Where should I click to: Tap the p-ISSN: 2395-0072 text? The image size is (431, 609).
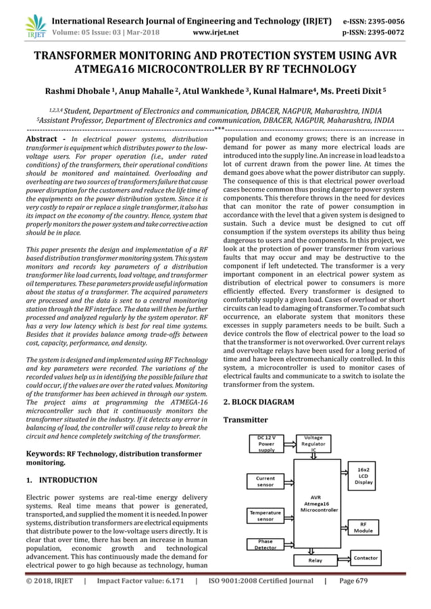tap(384, 31)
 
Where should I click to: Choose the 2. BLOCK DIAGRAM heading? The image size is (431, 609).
tap(258, 402)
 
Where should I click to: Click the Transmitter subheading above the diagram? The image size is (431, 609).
tap(245, 420)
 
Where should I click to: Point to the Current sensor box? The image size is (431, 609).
tap(265, 481)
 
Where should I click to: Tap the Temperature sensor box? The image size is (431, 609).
tap(265, 517)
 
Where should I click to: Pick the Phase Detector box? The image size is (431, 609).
tap(265, 544)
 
